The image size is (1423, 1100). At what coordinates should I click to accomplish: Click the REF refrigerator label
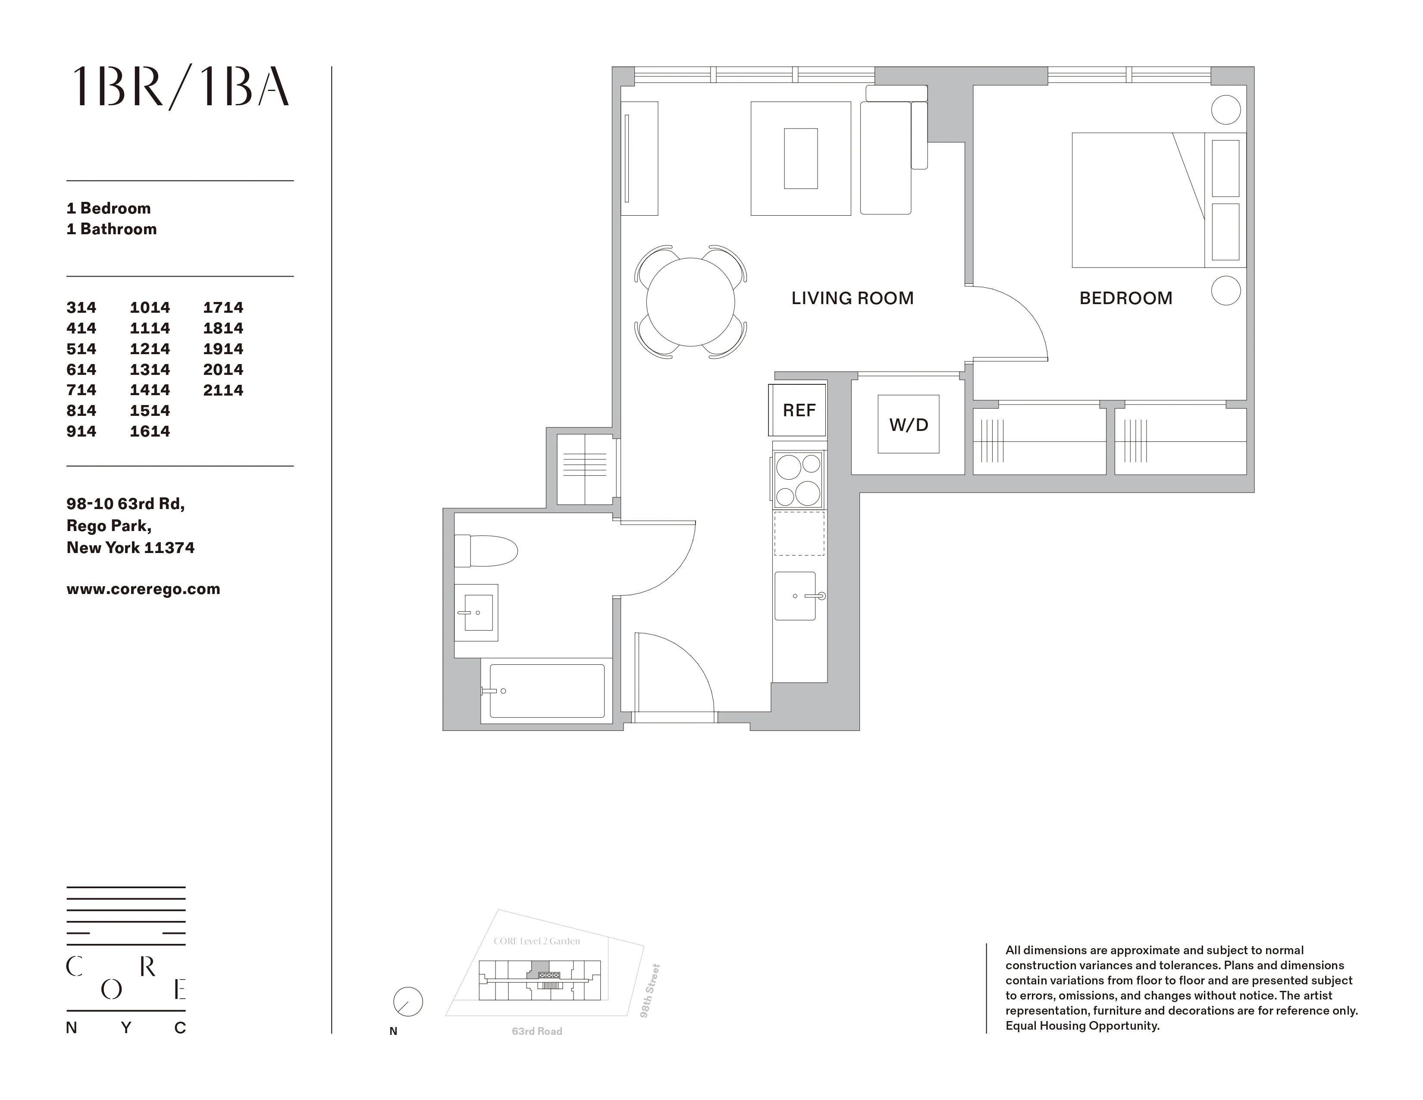click(799, 411)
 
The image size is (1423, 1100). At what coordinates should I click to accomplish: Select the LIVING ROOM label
click(852, 299)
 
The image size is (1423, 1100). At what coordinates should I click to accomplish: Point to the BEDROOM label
click(1125, 299)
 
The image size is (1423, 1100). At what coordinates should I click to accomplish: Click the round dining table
click(691, 302)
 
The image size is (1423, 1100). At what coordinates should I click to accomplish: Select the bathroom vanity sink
click(477, 613)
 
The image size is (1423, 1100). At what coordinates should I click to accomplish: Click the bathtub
click(546, 691)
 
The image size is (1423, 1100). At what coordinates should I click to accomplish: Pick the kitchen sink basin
click(795, 596)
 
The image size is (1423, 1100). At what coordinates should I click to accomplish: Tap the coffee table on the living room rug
click(801, 158)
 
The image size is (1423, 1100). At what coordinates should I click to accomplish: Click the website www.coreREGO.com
click(143, 589)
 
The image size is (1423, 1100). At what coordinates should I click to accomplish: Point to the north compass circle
click(408, 1002)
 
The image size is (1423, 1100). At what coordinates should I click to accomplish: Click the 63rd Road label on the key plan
click(537, 1031)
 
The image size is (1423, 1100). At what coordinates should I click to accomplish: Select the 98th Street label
click(650, 990)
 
